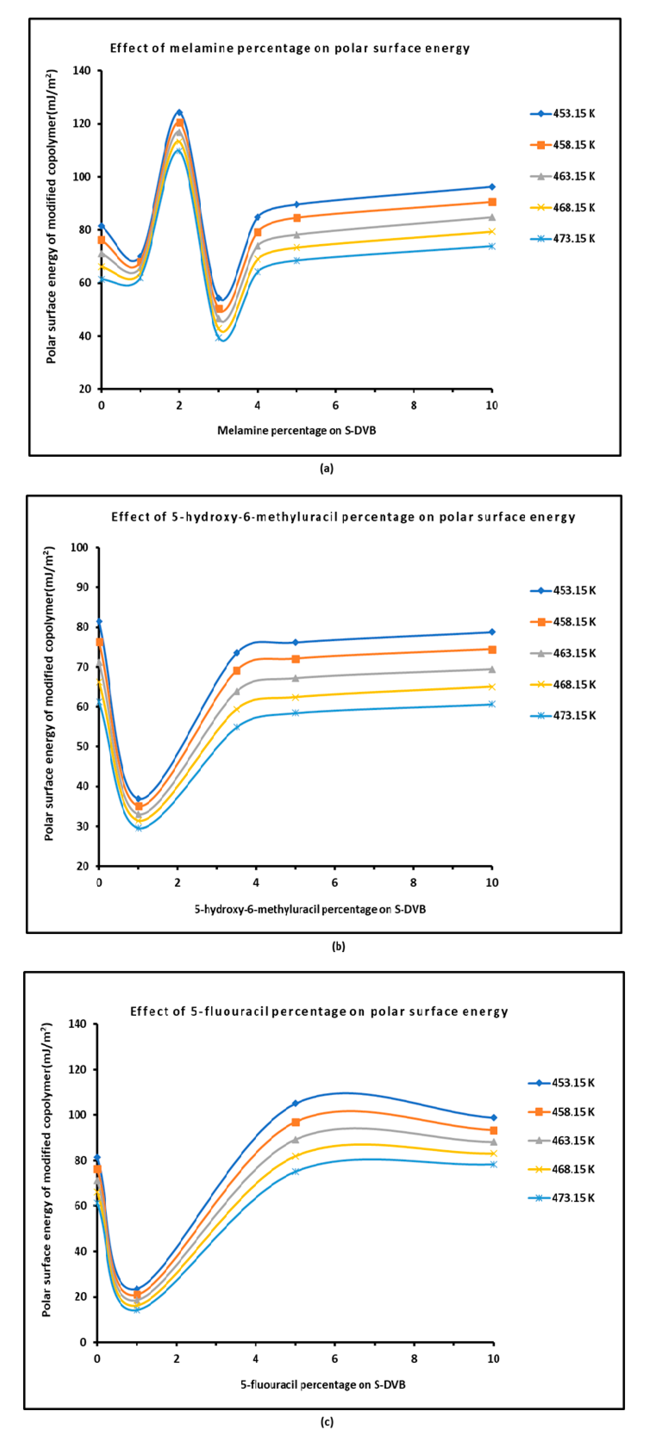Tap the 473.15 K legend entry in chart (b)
[563, 715]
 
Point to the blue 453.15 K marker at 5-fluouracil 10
[493, 1118]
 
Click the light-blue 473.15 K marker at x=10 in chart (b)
[492, 704]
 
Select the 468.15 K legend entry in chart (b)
[563, 685]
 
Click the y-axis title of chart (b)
[49, 693]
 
